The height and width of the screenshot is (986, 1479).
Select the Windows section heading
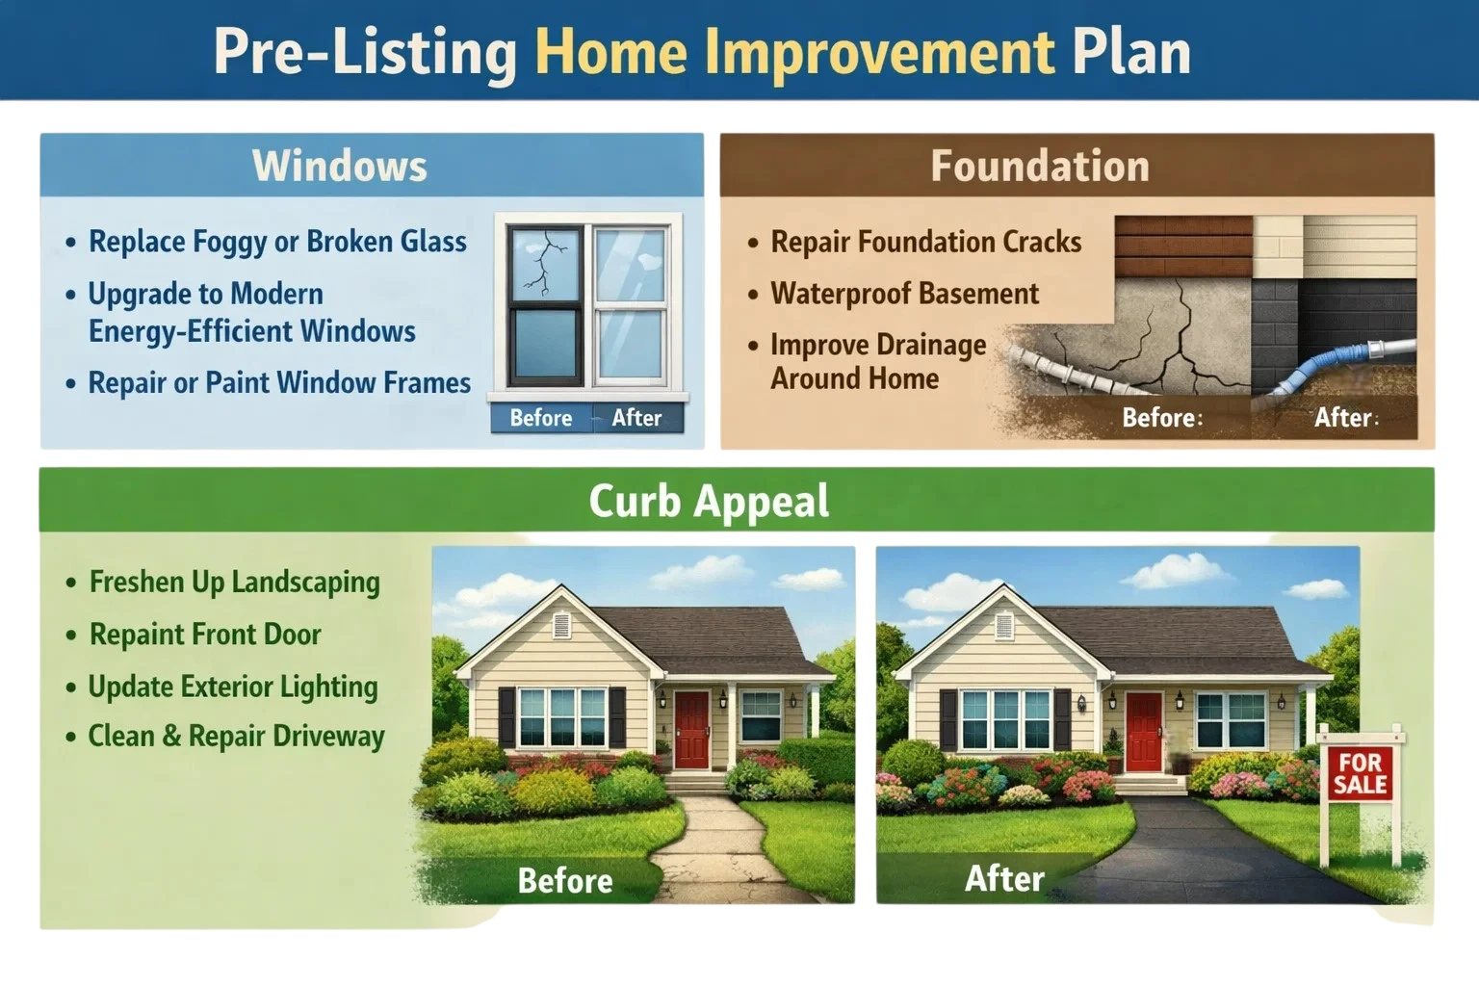[339, 165]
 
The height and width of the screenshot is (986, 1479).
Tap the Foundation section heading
[1040, 165]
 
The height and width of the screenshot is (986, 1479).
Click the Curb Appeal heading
[709, 502]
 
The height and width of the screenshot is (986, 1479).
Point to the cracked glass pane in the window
[544, 264]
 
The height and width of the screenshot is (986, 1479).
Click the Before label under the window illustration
[541, 418]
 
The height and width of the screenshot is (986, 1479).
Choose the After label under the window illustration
[636, 418]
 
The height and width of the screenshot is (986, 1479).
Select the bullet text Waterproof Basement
[904, 294]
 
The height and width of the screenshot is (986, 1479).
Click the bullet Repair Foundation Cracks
[925, 242]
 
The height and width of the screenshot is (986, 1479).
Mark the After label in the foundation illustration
[1343, 417]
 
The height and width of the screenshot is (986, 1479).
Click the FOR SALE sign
[1361, 773]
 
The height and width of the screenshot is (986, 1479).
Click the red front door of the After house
[1144, 731]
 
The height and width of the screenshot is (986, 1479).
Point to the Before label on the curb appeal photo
[565, 880]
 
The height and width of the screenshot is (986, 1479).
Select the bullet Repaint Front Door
[205, 634]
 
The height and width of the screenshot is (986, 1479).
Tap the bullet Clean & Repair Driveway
[236, 736]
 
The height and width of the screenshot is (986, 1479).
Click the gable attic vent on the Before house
[562, 626]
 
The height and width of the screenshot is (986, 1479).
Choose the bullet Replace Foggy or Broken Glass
[277, 242]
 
